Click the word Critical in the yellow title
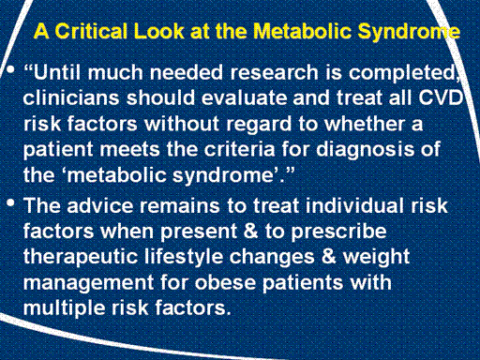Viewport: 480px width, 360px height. [x=91, y=31]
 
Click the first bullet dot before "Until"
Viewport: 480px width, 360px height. [x=10, y=70]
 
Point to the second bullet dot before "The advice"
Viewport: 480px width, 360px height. [x=10, y=203]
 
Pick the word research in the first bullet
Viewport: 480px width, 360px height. [x=275, y=72]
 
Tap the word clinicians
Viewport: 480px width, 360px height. [x=71, y=98]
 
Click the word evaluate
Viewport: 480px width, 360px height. [x=244, y=98]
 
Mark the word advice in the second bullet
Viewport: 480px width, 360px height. [x=100, y=206]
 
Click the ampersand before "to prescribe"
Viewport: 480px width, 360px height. [x=250, y=232]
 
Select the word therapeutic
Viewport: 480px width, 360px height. [x=81, y=258]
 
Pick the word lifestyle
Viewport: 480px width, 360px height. [x=184, y=258]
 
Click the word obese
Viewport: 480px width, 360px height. [x=225, y=283]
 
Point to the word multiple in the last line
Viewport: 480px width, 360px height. [x=65, y=308]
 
